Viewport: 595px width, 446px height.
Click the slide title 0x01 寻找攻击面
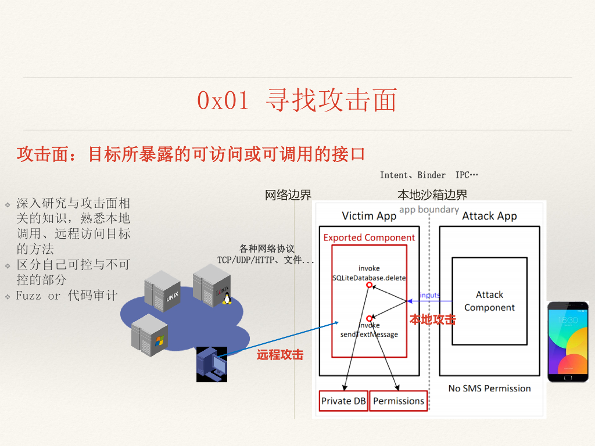click(x=297, y=101)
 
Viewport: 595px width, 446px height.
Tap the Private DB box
click(x=344, y=401)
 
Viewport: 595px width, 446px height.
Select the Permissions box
click(x=399, y=401)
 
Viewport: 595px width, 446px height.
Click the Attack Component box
click(x=489, y=301)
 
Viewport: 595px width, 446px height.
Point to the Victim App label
click(x=369, y=216)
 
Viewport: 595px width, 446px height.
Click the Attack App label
click(x=489, y=216)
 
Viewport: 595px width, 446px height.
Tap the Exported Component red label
click(x=369, y=238)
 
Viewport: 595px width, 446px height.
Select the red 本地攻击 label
click(x=432, y=319)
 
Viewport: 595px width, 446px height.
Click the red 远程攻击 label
click(x=280, y=355)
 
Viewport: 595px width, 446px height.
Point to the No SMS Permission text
click(x=489, y=389)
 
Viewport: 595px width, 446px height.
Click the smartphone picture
click(x=568, y=341)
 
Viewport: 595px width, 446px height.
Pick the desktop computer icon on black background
click(x=211, y=364)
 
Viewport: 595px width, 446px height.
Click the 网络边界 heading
click(x=288, y=195)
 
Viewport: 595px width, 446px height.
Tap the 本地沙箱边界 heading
click(x=432, y=195)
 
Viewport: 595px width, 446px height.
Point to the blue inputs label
click(x=429, y=295)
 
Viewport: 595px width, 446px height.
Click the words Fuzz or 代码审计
click(x=67, y=296)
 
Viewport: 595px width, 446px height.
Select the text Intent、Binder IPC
click(x=429, y=175)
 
